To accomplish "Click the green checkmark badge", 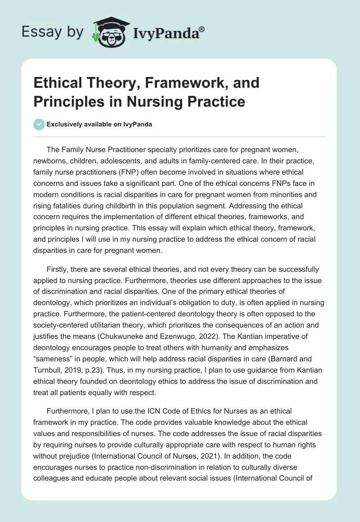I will point(39,124).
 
